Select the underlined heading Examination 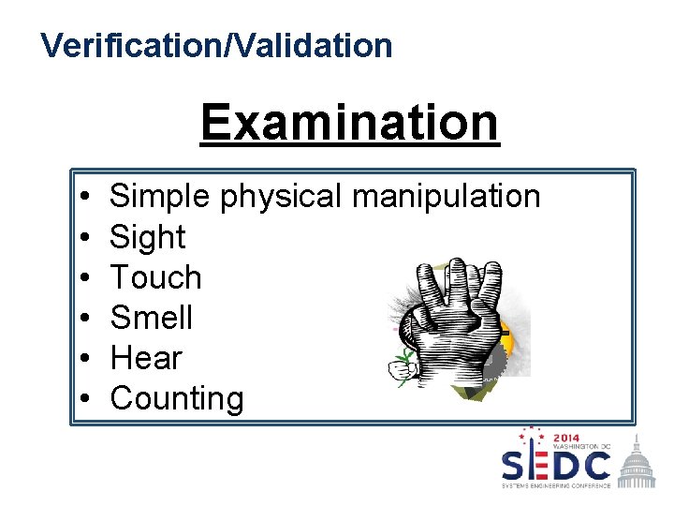pos(349,122)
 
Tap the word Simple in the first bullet pos(161,197)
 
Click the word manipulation pos(446,197)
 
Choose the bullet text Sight pos(148,237)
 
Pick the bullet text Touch pos(155,277)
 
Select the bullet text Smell pos(151,318)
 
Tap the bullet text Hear pos(146,358)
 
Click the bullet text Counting pos(176,398)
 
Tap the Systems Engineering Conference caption pos(556,484)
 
